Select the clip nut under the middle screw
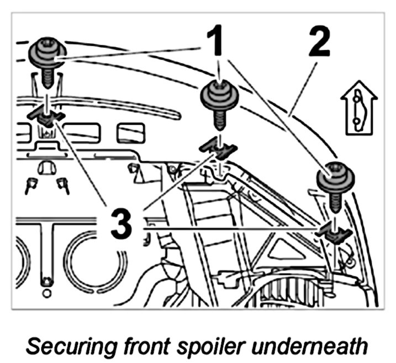[219, 147]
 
